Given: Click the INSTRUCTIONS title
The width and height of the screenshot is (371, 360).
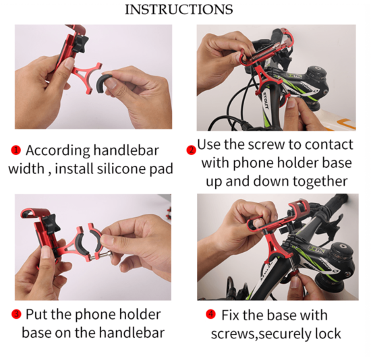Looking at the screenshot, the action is point(179,9).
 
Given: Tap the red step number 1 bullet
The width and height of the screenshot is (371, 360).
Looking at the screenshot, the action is point(16,150).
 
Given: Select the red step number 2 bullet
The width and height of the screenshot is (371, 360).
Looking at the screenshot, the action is point(191,150).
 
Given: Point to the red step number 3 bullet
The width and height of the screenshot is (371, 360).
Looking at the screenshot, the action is point(16,314).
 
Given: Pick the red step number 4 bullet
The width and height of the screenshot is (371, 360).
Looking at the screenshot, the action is point(210,314).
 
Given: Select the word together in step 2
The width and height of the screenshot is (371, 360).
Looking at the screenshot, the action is point(320,181).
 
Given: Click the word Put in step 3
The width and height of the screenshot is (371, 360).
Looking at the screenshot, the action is point(37,314).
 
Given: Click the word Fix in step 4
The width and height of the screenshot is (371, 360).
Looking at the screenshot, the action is point(231,315).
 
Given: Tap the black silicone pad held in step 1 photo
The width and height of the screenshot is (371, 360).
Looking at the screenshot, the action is point(103,84).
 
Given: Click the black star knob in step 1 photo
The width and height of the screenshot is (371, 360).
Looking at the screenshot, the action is point(80,44).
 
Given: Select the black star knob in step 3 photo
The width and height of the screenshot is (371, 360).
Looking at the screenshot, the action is point(52,224).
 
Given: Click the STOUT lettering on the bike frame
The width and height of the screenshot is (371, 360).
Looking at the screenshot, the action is point(266,100).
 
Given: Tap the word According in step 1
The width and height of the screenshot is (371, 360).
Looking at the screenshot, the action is point(58,150).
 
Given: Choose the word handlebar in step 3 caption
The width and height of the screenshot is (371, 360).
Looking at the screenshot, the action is point(132,332).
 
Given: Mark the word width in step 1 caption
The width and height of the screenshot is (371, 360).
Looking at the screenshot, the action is point(26,169).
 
